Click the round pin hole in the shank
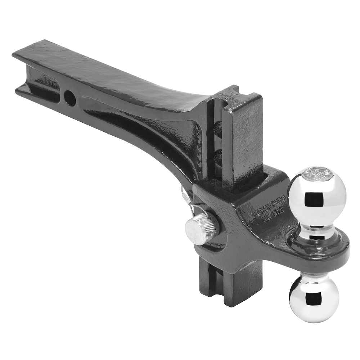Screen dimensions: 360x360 [x=70, y=97]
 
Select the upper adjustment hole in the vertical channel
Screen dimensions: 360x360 [x=217, y=127]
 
